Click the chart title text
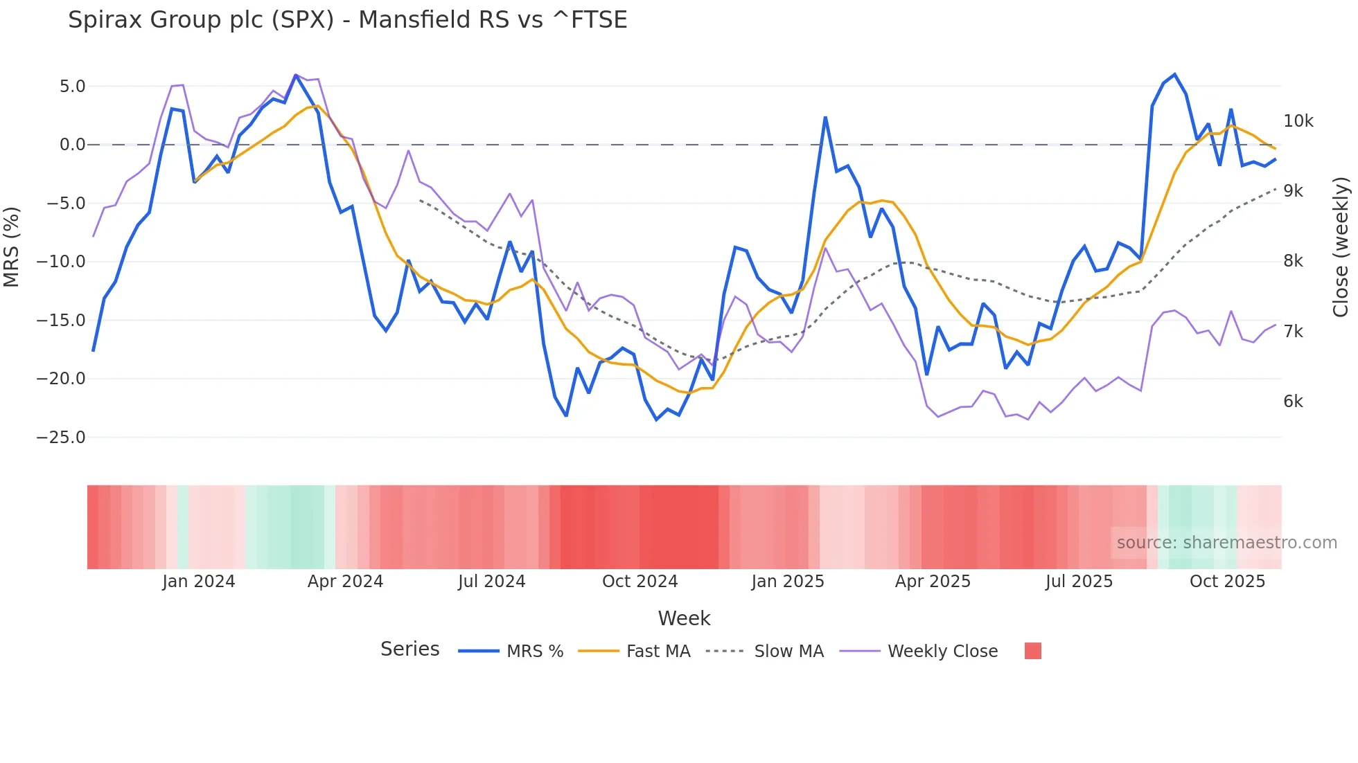(x=347, y=20)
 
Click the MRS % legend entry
(x=534, y=652)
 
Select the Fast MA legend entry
(x=658, y=652)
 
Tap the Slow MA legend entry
(x=788, y=652)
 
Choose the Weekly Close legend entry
(x=942, y=652)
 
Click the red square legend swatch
(x=1032, y=651)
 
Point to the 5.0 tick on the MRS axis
(x=72, y=87)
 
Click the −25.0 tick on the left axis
(x=61, y=438)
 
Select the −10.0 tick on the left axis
(x=61, y=262)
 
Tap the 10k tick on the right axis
(x=1298, y=121)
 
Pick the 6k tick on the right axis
(x=1293, y=402)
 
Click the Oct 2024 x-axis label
(x=640, y=582)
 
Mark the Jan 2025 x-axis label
(x=788, y=582)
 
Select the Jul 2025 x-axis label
(x=1079, y=582)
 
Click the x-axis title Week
(x=684, y=618)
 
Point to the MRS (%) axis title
(x=12, y=247)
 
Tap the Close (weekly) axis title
(x=1341, y=247)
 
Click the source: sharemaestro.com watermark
(x=1226, y=543)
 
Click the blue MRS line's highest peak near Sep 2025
(x=1174, y=74)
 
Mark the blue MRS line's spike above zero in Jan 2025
(x=825, y=118)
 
